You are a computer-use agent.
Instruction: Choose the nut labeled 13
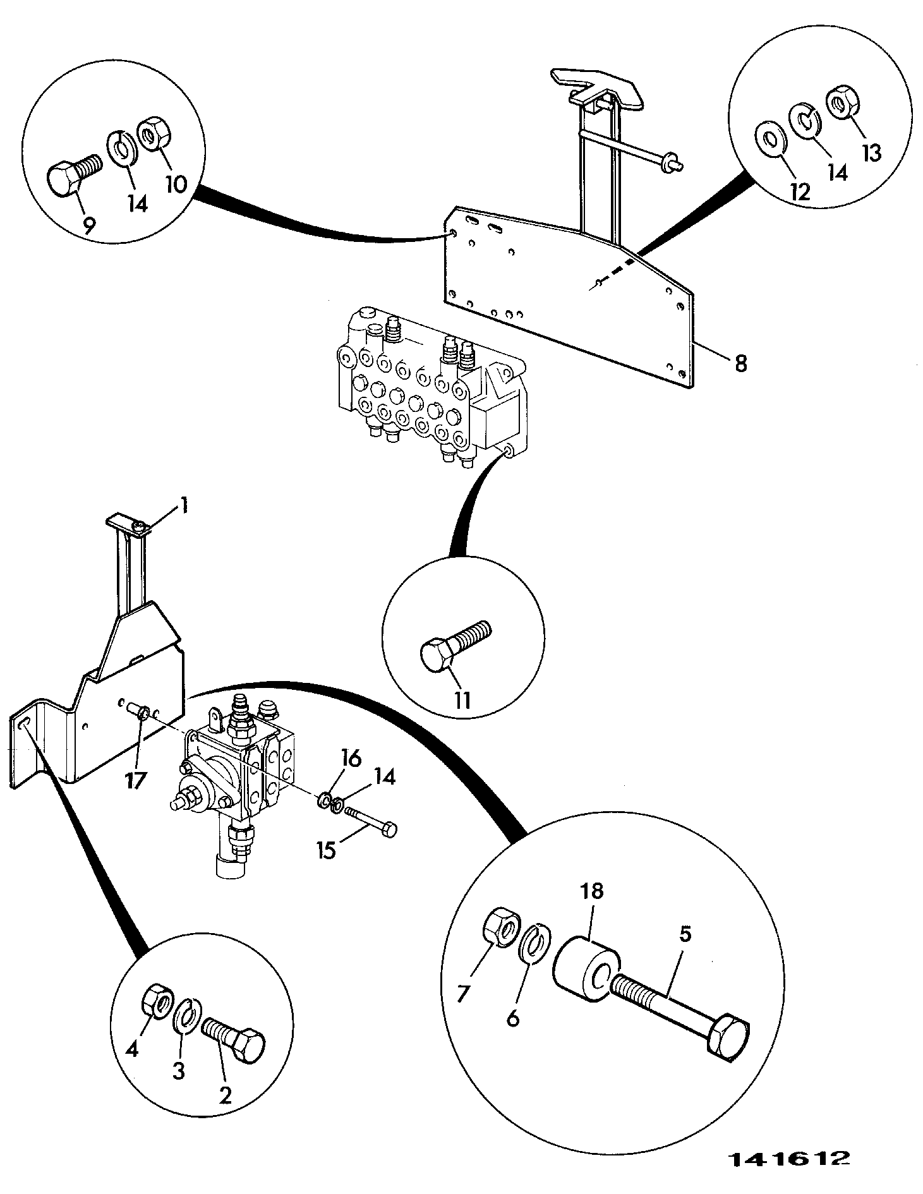pos(841,104)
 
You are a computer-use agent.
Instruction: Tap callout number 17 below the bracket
pos(135,781)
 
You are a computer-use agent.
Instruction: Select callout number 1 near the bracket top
pos(184,505)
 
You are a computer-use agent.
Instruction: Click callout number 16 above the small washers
pos(352,758)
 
